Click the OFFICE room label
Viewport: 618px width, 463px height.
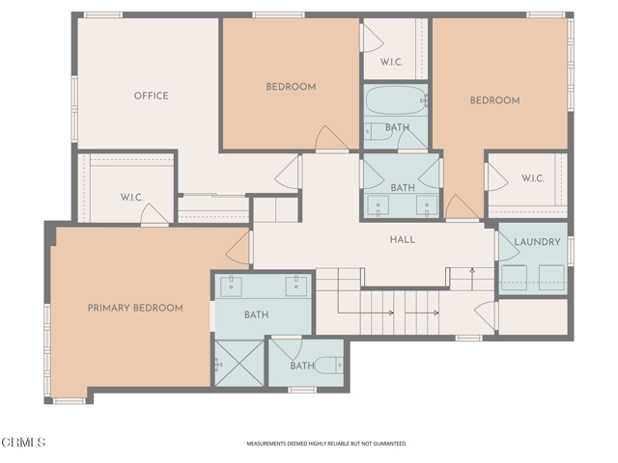tap(151, 95)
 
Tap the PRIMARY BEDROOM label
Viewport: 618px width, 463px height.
tap(135, 308)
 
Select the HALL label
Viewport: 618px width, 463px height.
tap(403, 239)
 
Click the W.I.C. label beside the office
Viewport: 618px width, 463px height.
tap(132, 197)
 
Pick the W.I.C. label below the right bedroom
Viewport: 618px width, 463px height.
tap(533, 178)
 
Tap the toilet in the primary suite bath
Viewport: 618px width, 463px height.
tap(326, 365)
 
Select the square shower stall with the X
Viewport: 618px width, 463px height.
tap(238, 364)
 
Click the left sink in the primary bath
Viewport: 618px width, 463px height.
tap(232, 286)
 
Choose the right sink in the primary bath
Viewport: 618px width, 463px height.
tap(294, 286)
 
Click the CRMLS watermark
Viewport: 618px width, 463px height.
tap(24, 443)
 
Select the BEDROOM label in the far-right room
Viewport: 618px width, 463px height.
tap(494, 100)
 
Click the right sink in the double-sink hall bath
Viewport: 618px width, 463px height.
tap(425, 204)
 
